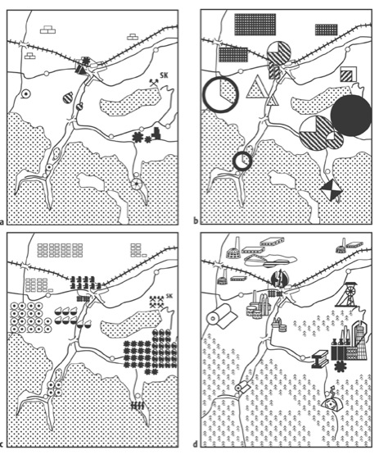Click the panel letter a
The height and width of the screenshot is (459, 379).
tap(2, 221)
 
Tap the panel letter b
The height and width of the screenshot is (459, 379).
tap(196, 221)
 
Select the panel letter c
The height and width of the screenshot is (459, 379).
tap(2, 444)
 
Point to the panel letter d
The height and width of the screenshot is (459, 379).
tap(196, 444)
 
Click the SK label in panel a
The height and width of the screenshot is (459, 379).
tap(164, 75)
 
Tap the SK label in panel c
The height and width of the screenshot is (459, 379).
tap(169, 296)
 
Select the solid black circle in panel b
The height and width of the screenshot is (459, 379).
tap(351, 116)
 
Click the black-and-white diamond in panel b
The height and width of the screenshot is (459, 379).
tap(331, 189)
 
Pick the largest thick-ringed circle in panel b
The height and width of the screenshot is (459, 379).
tap(220, 94)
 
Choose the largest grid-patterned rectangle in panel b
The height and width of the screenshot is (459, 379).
tap(255, 25)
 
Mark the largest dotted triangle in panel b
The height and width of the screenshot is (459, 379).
tap(257, 86)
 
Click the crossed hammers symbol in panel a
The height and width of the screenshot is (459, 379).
tap(154, 83)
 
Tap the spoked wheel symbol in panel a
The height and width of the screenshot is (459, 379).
tap(136, 184)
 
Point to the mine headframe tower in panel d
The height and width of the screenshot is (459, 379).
tap(346, 294)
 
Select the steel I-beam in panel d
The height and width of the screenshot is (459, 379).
tap(319, 360)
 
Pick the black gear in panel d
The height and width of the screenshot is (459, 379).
tap(340, 366)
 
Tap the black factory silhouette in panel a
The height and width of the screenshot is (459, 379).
tap(156, 134)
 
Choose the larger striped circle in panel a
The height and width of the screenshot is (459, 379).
tap(68, 98)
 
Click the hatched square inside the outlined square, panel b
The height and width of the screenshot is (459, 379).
tap(347, 75)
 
